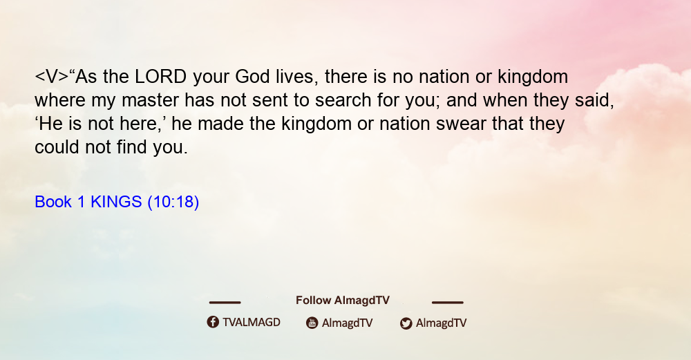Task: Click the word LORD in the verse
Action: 160,77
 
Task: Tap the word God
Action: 252,77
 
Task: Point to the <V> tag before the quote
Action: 52,77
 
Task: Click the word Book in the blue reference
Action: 53,202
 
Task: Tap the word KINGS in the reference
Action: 116,202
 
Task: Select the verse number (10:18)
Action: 173,202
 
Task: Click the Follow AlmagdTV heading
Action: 343,300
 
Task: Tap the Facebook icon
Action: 213,322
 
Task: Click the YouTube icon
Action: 312,323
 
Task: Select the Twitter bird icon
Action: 406,323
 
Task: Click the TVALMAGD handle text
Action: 252,322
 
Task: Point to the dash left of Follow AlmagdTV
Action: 225,302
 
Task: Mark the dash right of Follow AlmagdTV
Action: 448,302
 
